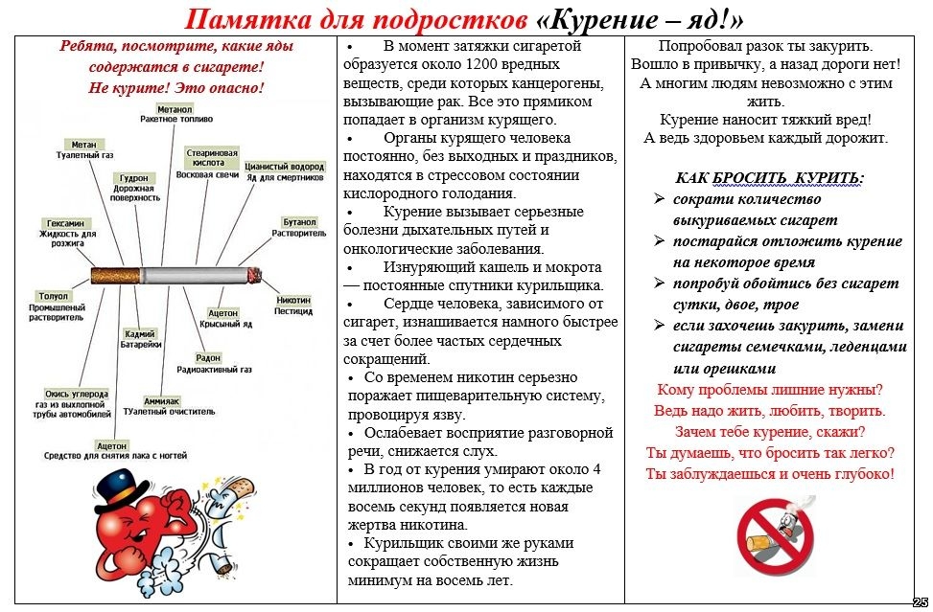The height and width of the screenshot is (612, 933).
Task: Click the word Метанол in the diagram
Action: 175,109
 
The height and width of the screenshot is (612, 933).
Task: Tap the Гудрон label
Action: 133,177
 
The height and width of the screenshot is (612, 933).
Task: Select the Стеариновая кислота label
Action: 212,157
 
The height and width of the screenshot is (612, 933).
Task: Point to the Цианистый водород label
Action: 285,166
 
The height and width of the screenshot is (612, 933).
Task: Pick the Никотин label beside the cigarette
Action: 293,300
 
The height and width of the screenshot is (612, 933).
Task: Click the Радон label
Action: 208,357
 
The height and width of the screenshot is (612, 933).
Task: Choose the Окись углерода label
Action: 77,394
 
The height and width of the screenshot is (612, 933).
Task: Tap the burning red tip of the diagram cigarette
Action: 255,276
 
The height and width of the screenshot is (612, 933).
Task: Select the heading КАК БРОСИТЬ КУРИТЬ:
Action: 769,178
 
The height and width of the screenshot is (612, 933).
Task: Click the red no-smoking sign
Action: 775,534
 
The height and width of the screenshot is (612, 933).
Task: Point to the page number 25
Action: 920,601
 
